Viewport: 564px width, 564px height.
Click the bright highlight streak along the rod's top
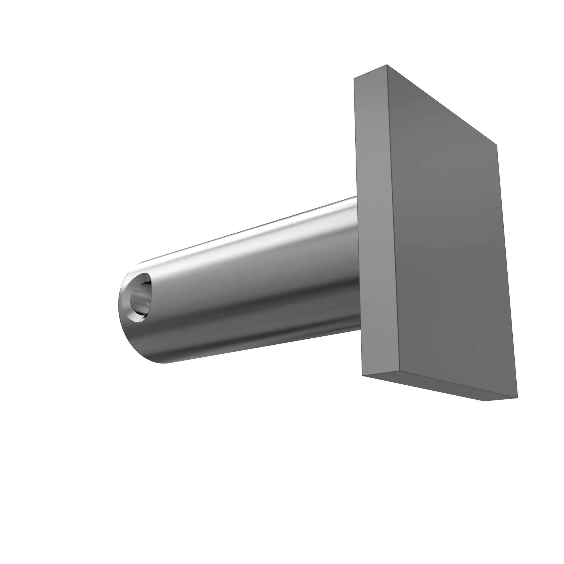click(x=248, y=233)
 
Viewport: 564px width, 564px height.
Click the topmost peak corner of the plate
click(x=387, y=65)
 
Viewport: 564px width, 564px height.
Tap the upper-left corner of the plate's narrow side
click(x=354, y=78)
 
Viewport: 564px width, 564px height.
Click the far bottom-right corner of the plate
click(x=517, y=397)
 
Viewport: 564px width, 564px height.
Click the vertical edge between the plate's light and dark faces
click(x=393, y=219)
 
